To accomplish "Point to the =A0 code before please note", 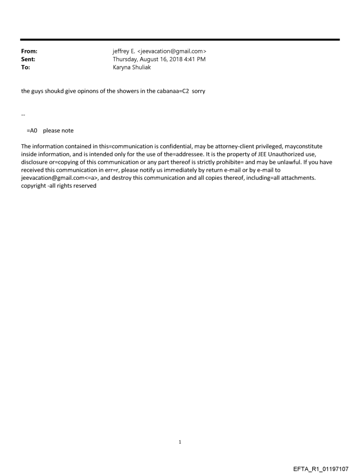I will point(32,130).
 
